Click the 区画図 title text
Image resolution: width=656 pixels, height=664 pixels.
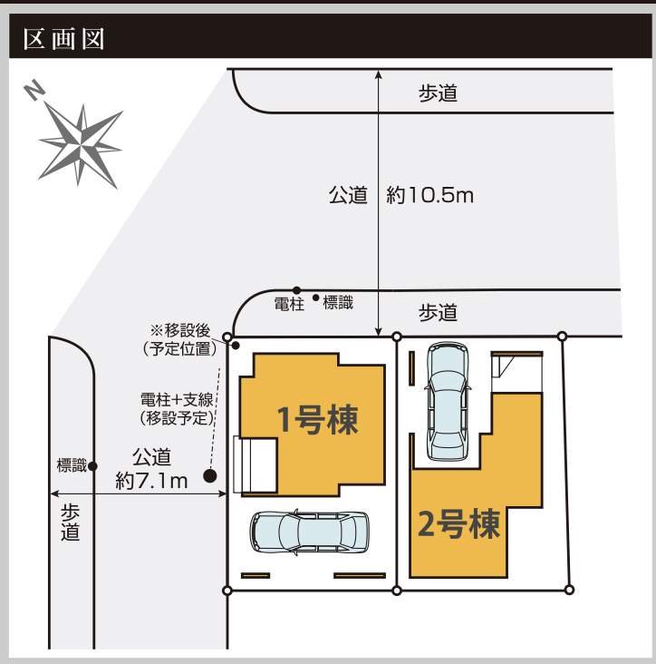click(x=63, y=39)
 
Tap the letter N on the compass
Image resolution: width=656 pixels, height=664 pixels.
click(x=34, y=91)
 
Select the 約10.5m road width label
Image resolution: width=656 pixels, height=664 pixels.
click(x=429, y=195)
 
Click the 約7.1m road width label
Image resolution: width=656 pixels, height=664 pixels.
click(x=151, y=480)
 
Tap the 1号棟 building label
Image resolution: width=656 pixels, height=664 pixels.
click(x=318, y=420)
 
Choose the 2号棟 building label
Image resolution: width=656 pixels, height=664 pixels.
click(x=458, y=523)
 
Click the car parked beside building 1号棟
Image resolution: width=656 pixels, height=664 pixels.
click(x=309, y=532)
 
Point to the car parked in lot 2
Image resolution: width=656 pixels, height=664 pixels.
click(x=448, y=402)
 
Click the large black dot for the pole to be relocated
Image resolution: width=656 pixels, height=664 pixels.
click(x=210, y=476)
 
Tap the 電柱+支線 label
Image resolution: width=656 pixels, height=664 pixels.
click(x=177, y=399)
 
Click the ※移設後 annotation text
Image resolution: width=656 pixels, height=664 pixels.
click(x=180, y=330)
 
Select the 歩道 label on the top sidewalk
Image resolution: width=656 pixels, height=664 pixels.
click(x=439, y=93)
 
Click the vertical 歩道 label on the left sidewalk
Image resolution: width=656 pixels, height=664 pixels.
click(x=70, y=522)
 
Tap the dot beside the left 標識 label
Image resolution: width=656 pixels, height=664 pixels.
click(x=93, y=466)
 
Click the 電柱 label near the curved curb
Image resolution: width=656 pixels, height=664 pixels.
click(x=289, y=304)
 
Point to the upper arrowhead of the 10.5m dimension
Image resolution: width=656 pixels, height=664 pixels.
click(x=379, y=74)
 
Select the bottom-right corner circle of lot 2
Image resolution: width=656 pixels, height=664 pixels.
click(x=569, y=590)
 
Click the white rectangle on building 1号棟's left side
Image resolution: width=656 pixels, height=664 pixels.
click(x=255, y=465)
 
